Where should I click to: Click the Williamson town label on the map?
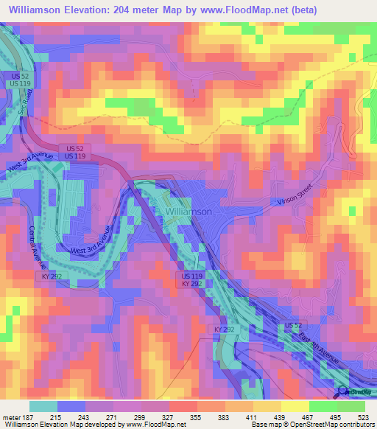[189, 212]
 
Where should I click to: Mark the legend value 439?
[280, 416]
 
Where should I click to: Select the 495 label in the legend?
[335, 416]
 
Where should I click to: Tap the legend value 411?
[253, 416]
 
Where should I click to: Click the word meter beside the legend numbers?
[10, 416]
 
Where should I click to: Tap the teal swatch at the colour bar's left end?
[44, 405]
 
